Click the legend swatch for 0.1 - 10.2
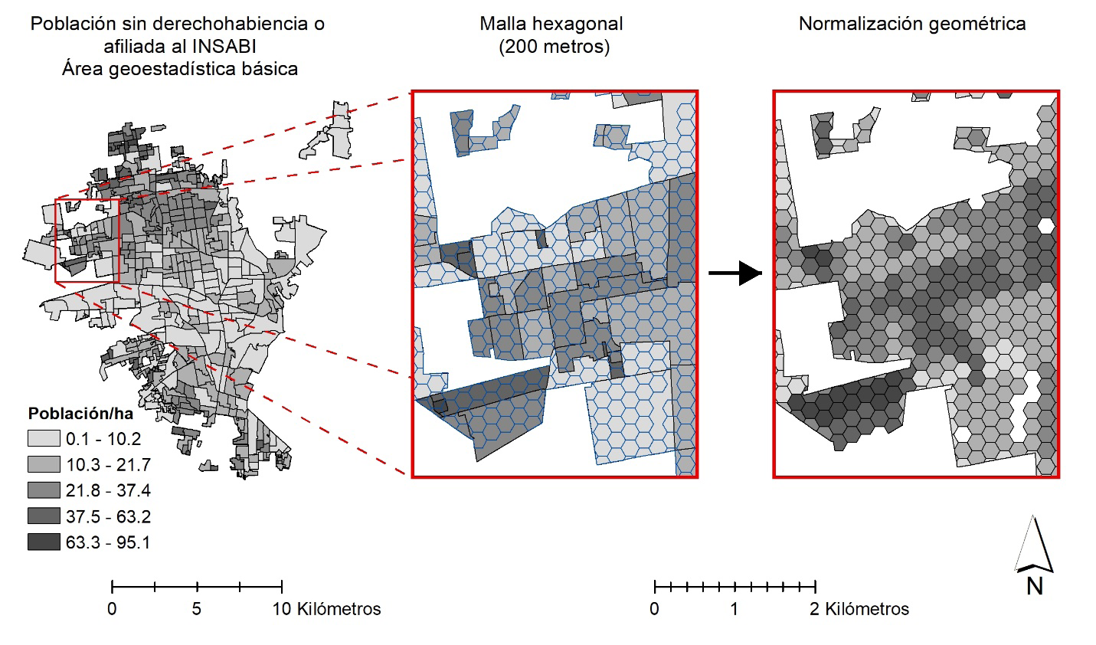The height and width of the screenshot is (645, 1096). [x=44, y=439]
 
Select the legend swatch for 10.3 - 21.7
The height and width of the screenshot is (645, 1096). [x=44, y=464]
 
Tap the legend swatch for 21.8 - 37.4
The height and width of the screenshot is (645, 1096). [x=44, y=490]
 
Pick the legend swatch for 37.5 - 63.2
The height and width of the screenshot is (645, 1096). [x=44, y=516]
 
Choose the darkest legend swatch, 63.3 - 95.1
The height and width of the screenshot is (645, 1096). [x=44, y=542]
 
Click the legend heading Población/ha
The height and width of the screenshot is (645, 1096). [x=80, y=414]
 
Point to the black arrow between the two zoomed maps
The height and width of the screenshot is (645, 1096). [x=735, y=273]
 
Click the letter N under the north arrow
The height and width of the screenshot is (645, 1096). [x=1035, y=586]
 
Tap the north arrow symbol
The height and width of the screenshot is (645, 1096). [x=1035, y=545]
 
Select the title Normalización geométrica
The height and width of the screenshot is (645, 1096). [x=912, y=24]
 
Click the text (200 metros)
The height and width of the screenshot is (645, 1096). [x=555, y=47]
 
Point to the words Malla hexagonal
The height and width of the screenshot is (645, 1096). [x=551, y=24]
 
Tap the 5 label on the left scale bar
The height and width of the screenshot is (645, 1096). [x=197, y=610]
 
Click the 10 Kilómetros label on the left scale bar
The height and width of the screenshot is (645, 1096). [x=327, y=610]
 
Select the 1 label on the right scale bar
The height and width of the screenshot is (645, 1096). [x=734, y=610]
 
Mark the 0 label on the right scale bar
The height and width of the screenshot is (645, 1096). [x=654, y=610]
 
